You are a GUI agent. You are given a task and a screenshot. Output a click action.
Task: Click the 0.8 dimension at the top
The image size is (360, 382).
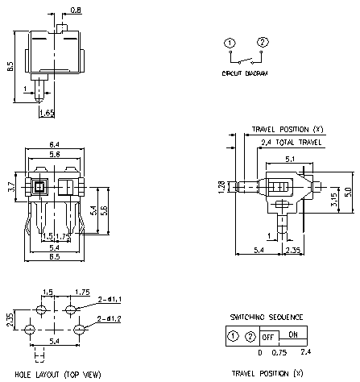(x=76, y=10)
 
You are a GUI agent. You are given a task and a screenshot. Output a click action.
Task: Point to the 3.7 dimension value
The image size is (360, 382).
(x=11, y=187)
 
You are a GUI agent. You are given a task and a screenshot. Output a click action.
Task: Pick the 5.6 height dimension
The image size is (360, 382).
(x=104, y=208)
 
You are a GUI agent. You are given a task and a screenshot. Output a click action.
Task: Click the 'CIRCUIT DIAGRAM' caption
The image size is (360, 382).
(x=246, y=73)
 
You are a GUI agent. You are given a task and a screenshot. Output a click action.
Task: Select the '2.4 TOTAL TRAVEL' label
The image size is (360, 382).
(x=290, y=143)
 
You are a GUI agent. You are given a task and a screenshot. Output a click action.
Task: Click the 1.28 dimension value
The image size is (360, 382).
(x=219, y=187)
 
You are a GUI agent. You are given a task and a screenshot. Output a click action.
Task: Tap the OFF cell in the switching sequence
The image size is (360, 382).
(x=268, y=336)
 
